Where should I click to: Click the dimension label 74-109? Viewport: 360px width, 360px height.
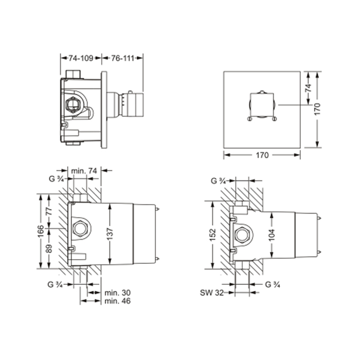[x=81, y=59]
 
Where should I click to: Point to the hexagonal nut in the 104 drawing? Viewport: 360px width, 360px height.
[x=241, y=235]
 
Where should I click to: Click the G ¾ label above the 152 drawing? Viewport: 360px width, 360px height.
[x=219, y=181]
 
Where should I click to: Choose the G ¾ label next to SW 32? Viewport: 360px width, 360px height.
[x=273, y=284]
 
